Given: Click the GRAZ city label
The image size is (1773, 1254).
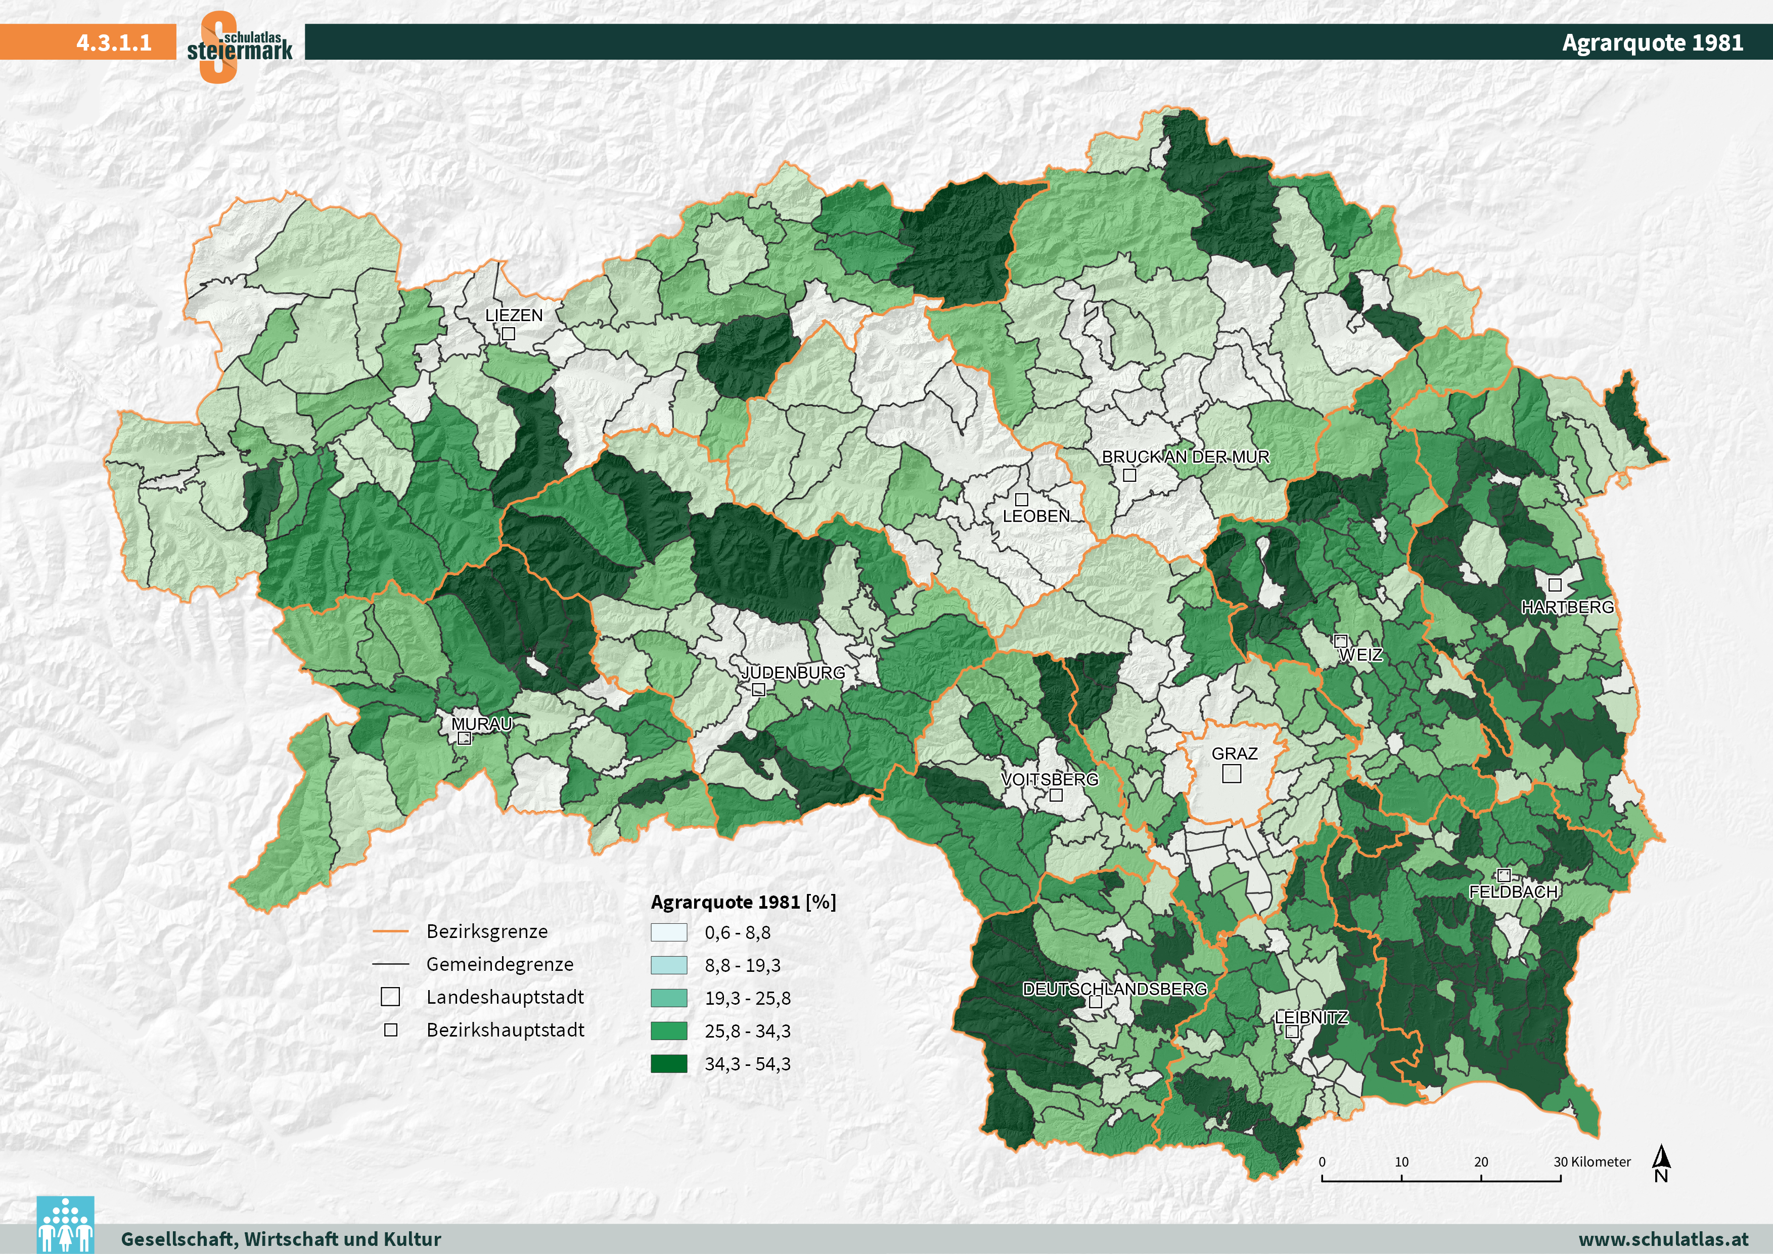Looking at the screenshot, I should tap(1234, 753).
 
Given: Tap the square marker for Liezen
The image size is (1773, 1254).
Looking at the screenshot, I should tap(508, 334).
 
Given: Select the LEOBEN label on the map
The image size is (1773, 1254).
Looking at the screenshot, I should tap(1035, 517).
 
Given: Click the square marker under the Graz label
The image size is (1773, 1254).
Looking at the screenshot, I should tap(1232, 774).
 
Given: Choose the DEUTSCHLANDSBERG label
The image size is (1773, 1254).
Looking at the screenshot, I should tap(1114, 989).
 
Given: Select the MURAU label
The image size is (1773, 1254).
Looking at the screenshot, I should tap(481, 724).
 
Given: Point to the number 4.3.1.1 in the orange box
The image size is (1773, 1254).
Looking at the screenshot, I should tap(114, 42).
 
